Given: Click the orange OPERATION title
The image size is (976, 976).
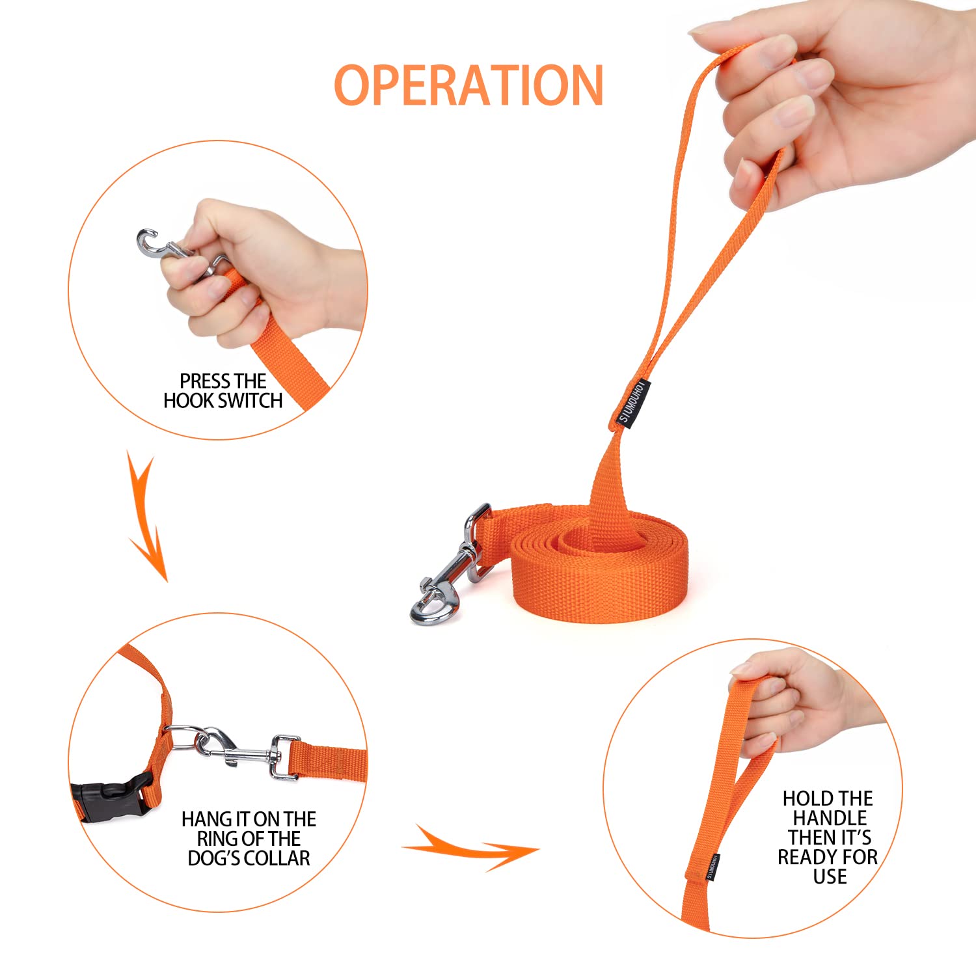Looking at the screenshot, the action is [468, 85].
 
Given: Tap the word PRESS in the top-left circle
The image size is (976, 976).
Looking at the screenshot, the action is [204, 381].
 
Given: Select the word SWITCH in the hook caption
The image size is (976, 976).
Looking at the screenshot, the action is [251, 400].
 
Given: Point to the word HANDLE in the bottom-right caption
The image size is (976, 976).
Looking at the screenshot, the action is [830, 818].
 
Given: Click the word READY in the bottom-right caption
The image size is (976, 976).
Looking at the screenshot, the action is [809, 857].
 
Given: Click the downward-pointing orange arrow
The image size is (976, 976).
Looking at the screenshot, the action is [148, 517].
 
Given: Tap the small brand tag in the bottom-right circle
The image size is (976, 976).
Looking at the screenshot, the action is [712, 866].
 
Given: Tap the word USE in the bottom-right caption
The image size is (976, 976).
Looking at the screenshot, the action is [830, 876].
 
